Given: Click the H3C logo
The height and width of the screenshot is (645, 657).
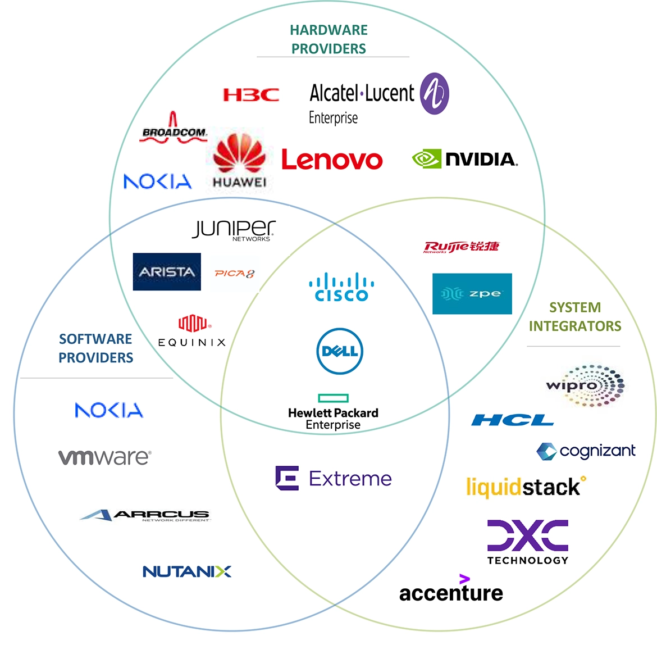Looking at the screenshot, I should click(x=251, y=94).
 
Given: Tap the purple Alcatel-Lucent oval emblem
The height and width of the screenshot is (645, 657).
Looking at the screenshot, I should click(x=435, y=93).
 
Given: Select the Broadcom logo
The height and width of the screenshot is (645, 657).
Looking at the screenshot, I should click(x=174, y=129).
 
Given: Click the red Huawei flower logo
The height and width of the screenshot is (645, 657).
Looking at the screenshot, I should click(x=240, y=155).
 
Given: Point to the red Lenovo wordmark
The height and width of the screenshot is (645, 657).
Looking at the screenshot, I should click(x=332, y=160).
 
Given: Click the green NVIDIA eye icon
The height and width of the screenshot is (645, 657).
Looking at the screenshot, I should click(x=426, y=159).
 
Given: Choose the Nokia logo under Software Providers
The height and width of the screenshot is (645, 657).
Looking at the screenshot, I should click(x=109, y=410).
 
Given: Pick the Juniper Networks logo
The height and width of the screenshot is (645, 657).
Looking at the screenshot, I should click(x=234, y=229).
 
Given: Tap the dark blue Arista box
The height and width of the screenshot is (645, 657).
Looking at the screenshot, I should click(x=167, y=272).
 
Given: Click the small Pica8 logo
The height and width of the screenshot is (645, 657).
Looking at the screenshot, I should click(x=235, y=274).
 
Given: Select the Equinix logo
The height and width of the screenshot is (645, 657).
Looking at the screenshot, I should click(x=192, y=331).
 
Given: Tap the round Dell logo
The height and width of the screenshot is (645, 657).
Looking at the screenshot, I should click(x=340, y=352).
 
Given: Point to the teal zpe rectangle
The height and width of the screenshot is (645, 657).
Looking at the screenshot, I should click(x=472, y=294).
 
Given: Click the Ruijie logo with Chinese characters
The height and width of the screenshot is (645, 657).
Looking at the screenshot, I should click(x=461, y=247).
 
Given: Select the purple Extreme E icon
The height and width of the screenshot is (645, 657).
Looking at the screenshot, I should click(x=287, y=478).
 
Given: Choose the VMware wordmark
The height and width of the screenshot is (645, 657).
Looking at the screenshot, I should click(x=104, y=457).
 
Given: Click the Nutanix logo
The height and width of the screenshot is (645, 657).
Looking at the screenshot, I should click(x=187, y=571).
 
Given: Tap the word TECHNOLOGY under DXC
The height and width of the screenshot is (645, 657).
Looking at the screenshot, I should click(x=528, y=560).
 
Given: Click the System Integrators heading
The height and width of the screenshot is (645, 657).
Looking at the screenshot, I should click(x=575, y=317).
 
